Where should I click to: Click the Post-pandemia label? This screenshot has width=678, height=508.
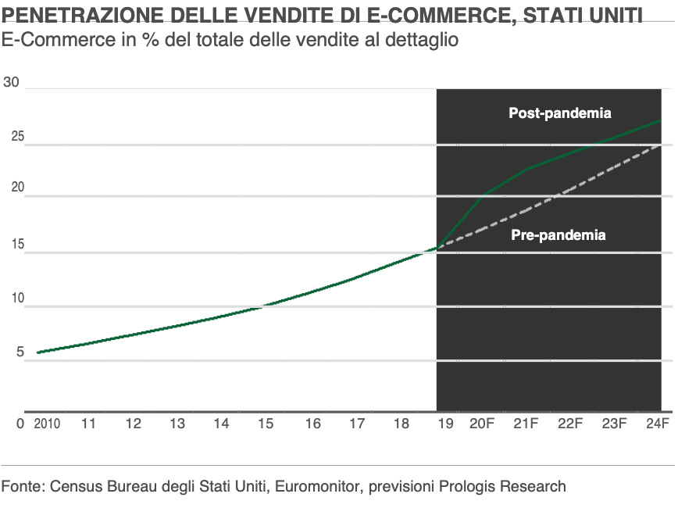pyautogui.click(x=559, y=113)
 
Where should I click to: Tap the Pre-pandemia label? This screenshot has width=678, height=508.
pyautogui.click(x=558, y=234)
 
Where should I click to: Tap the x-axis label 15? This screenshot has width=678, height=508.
pyautogui.click(x=266, y=424)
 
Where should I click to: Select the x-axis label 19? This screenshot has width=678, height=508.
pyautogui.click(x=445, y=424)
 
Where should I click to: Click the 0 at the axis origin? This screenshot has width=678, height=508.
pyautogui.click(x=21, y=424)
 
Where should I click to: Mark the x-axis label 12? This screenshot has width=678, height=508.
pyautogui.click(x=134, y=424)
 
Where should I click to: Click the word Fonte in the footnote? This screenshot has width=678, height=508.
pyautogui.click(x=21, y=486)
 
